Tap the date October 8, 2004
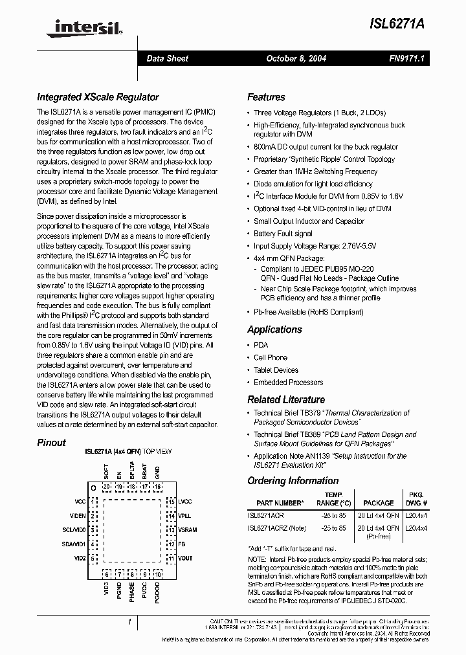[296, 58]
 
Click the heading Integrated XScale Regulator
[98, 97]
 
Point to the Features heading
[266, 97]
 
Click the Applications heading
[274, 329]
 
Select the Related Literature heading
[286, 399]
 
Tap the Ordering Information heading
[293, 480]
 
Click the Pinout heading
[51, 443]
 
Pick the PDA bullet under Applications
[260, 345]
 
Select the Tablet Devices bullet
[276, 370]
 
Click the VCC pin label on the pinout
[80, 501]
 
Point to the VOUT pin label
[186, 558]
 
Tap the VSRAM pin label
[188, 529]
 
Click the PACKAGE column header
[378, 503]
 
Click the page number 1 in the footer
[130, 623]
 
